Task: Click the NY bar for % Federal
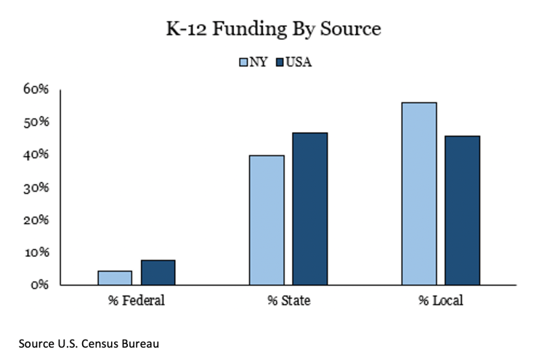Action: pyautogui.click(x=115, y=278)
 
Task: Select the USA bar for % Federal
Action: pyautogui.click(x=158, y=272)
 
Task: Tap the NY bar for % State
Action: pyautogui.click(x=267, y=220)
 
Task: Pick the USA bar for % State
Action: pyautogui.click(x=310, y=209)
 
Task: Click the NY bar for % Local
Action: pyautogui.click(x=419, y=194)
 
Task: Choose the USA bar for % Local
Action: pyautogui.click(x=463, y=210)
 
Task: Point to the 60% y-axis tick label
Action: pyautogui.click(x=35, y=90)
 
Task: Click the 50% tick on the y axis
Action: pyautogui.click(x=35, y=123)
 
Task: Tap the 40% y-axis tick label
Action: pyautogui.click(x=35, y=155)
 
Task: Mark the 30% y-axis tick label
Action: pyautogui.click(x=35, y=188)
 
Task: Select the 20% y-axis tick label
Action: pyautogui.click(x=35, y=220)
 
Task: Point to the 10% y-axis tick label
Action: pyautogui.click(x=35, y=253)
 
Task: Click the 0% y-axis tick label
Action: pyautogui.click(x=38, y=285)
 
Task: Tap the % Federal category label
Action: pyautogui.click(x=137, y=300)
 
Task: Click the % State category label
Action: pyautogui.click(x=288, y=300)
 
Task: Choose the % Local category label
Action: pyautogui.click(x=440, y=300)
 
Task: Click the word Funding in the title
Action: pyautogui.click(x=251, y=30)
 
